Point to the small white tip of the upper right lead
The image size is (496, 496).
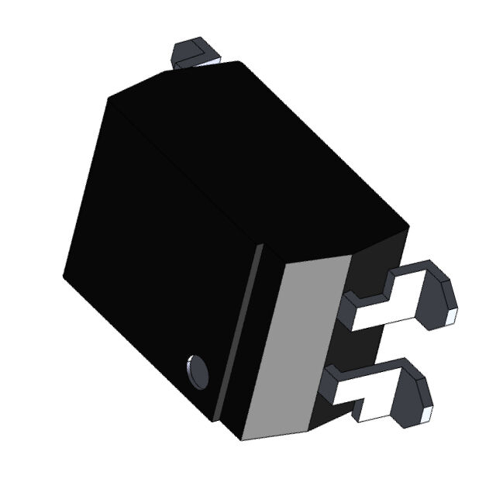click(x=452, y=316)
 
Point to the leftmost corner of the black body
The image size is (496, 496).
click(x=64, y=273)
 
